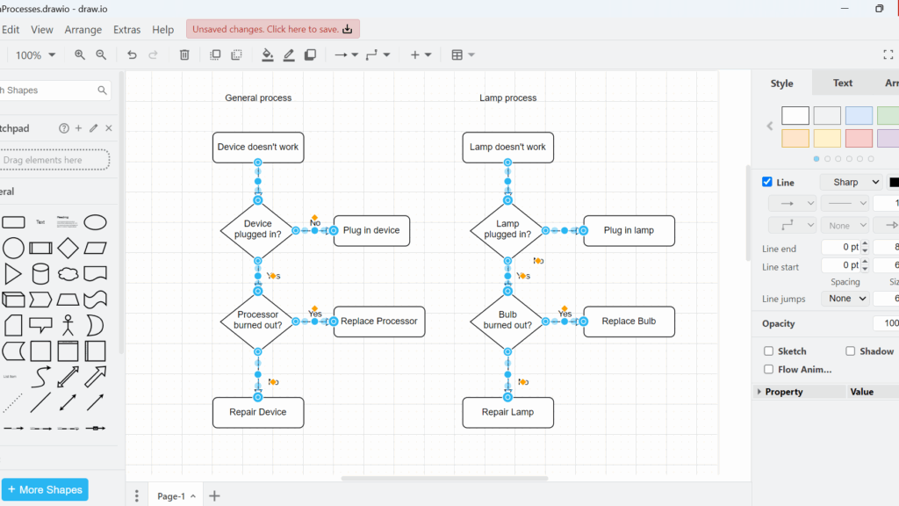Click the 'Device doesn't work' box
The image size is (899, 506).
pos(258,148)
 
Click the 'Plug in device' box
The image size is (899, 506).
pos(371,231)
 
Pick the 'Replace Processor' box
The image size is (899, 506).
pos(379,322)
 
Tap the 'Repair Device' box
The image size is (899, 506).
pos(258,412)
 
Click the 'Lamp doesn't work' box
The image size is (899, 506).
pos(507,148)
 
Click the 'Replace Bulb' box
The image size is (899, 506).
pos(629,322)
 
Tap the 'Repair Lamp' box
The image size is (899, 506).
pos(507,412)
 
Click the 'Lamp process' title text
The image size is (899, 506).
pos(507,98)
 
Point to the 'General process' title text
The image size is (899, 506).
pos(258,98)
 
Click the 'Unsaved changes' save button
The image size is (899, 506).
pos(272,29)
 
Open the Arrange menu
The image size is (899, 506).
pos(83,30)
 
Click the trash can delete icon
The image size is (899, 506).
pos(184,55)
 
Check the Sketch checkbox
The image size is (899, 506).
pos(769,351)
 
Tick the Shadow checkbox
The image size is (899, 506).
pos(850,351)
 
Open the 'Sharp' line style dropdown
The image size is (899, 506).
pos(851,183)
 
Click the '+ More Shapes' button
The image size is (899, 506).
pos(44,489)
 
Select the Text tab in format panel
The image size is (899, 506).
pos(843,83)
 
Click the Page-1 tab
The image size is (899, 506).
pos(171,496)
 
